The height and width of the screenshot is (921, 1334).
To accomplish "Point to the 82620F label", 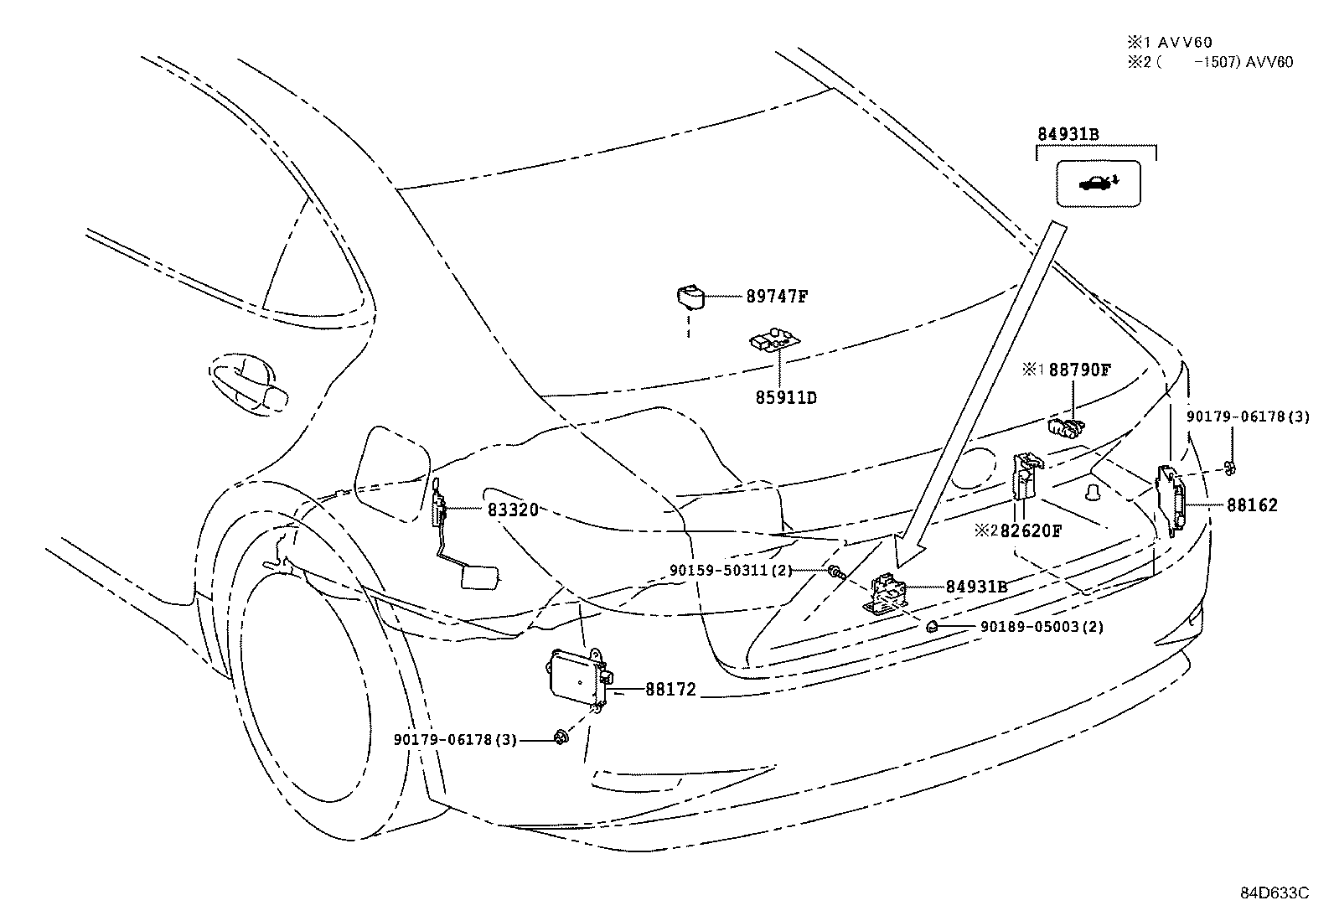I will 1030,530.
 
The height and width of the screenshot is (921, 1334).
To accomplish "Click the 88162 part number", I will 1253,505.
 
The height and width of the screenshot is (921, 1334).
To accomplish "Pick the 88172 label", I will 670,691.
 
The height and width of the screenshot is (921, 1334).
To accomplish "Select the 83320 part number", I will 513,509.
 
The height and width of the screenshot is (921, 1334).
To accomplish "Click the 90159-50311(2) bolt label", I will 731,570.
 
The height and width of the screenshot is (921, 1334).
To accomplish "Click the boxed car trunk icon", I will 1099,183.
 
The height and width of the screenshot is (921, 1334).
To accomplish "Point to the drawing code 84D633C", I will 1275,893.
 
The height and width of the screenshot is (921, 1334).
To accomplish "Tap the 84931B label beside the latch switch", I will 976,587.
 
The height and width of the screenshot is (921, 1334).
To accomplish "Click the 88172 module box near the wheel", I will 577,671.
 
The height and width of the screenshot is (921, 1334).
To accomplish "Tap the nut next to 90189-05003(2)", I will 931,626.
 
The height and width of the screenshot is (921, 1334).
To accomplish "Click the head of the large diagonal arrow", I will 906,555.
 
